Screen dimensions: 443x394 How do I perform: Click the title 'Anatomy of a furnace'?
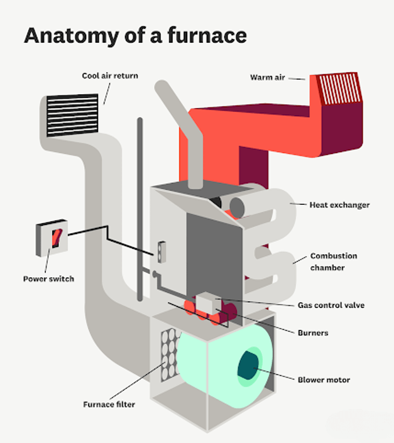point(135,36)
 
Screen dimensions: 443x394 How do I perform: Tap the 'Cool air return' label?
point(110,76)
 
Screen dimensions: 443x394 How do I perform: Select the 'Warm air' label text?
point(268,78)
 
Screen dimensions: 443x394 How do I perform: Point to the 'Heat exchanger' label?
point(339,205)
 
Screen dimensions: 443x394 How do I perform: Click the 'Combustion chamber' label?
point(333,261)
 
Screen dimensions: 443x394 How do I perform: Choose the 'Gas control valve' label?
point(331,305)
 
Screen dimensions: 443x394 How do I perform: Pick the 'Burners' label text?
point(312,332)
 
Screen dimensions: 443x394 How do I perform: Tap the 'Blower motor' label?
point(323,380)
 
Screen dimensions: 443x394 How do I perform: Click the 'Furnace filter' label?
point(109,404)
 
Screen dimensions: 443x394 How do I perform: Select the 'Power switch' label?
point(48,278)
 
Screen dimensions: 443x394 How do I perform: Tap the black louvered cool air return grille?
point(73,115)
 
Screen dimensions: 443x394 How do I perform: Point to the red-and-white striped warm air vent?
point(339,89)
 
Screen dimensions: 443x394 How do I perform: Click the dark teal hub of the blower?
point(248,367)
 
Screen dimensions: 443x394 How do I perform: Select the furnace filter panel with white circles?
point(167,356)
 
